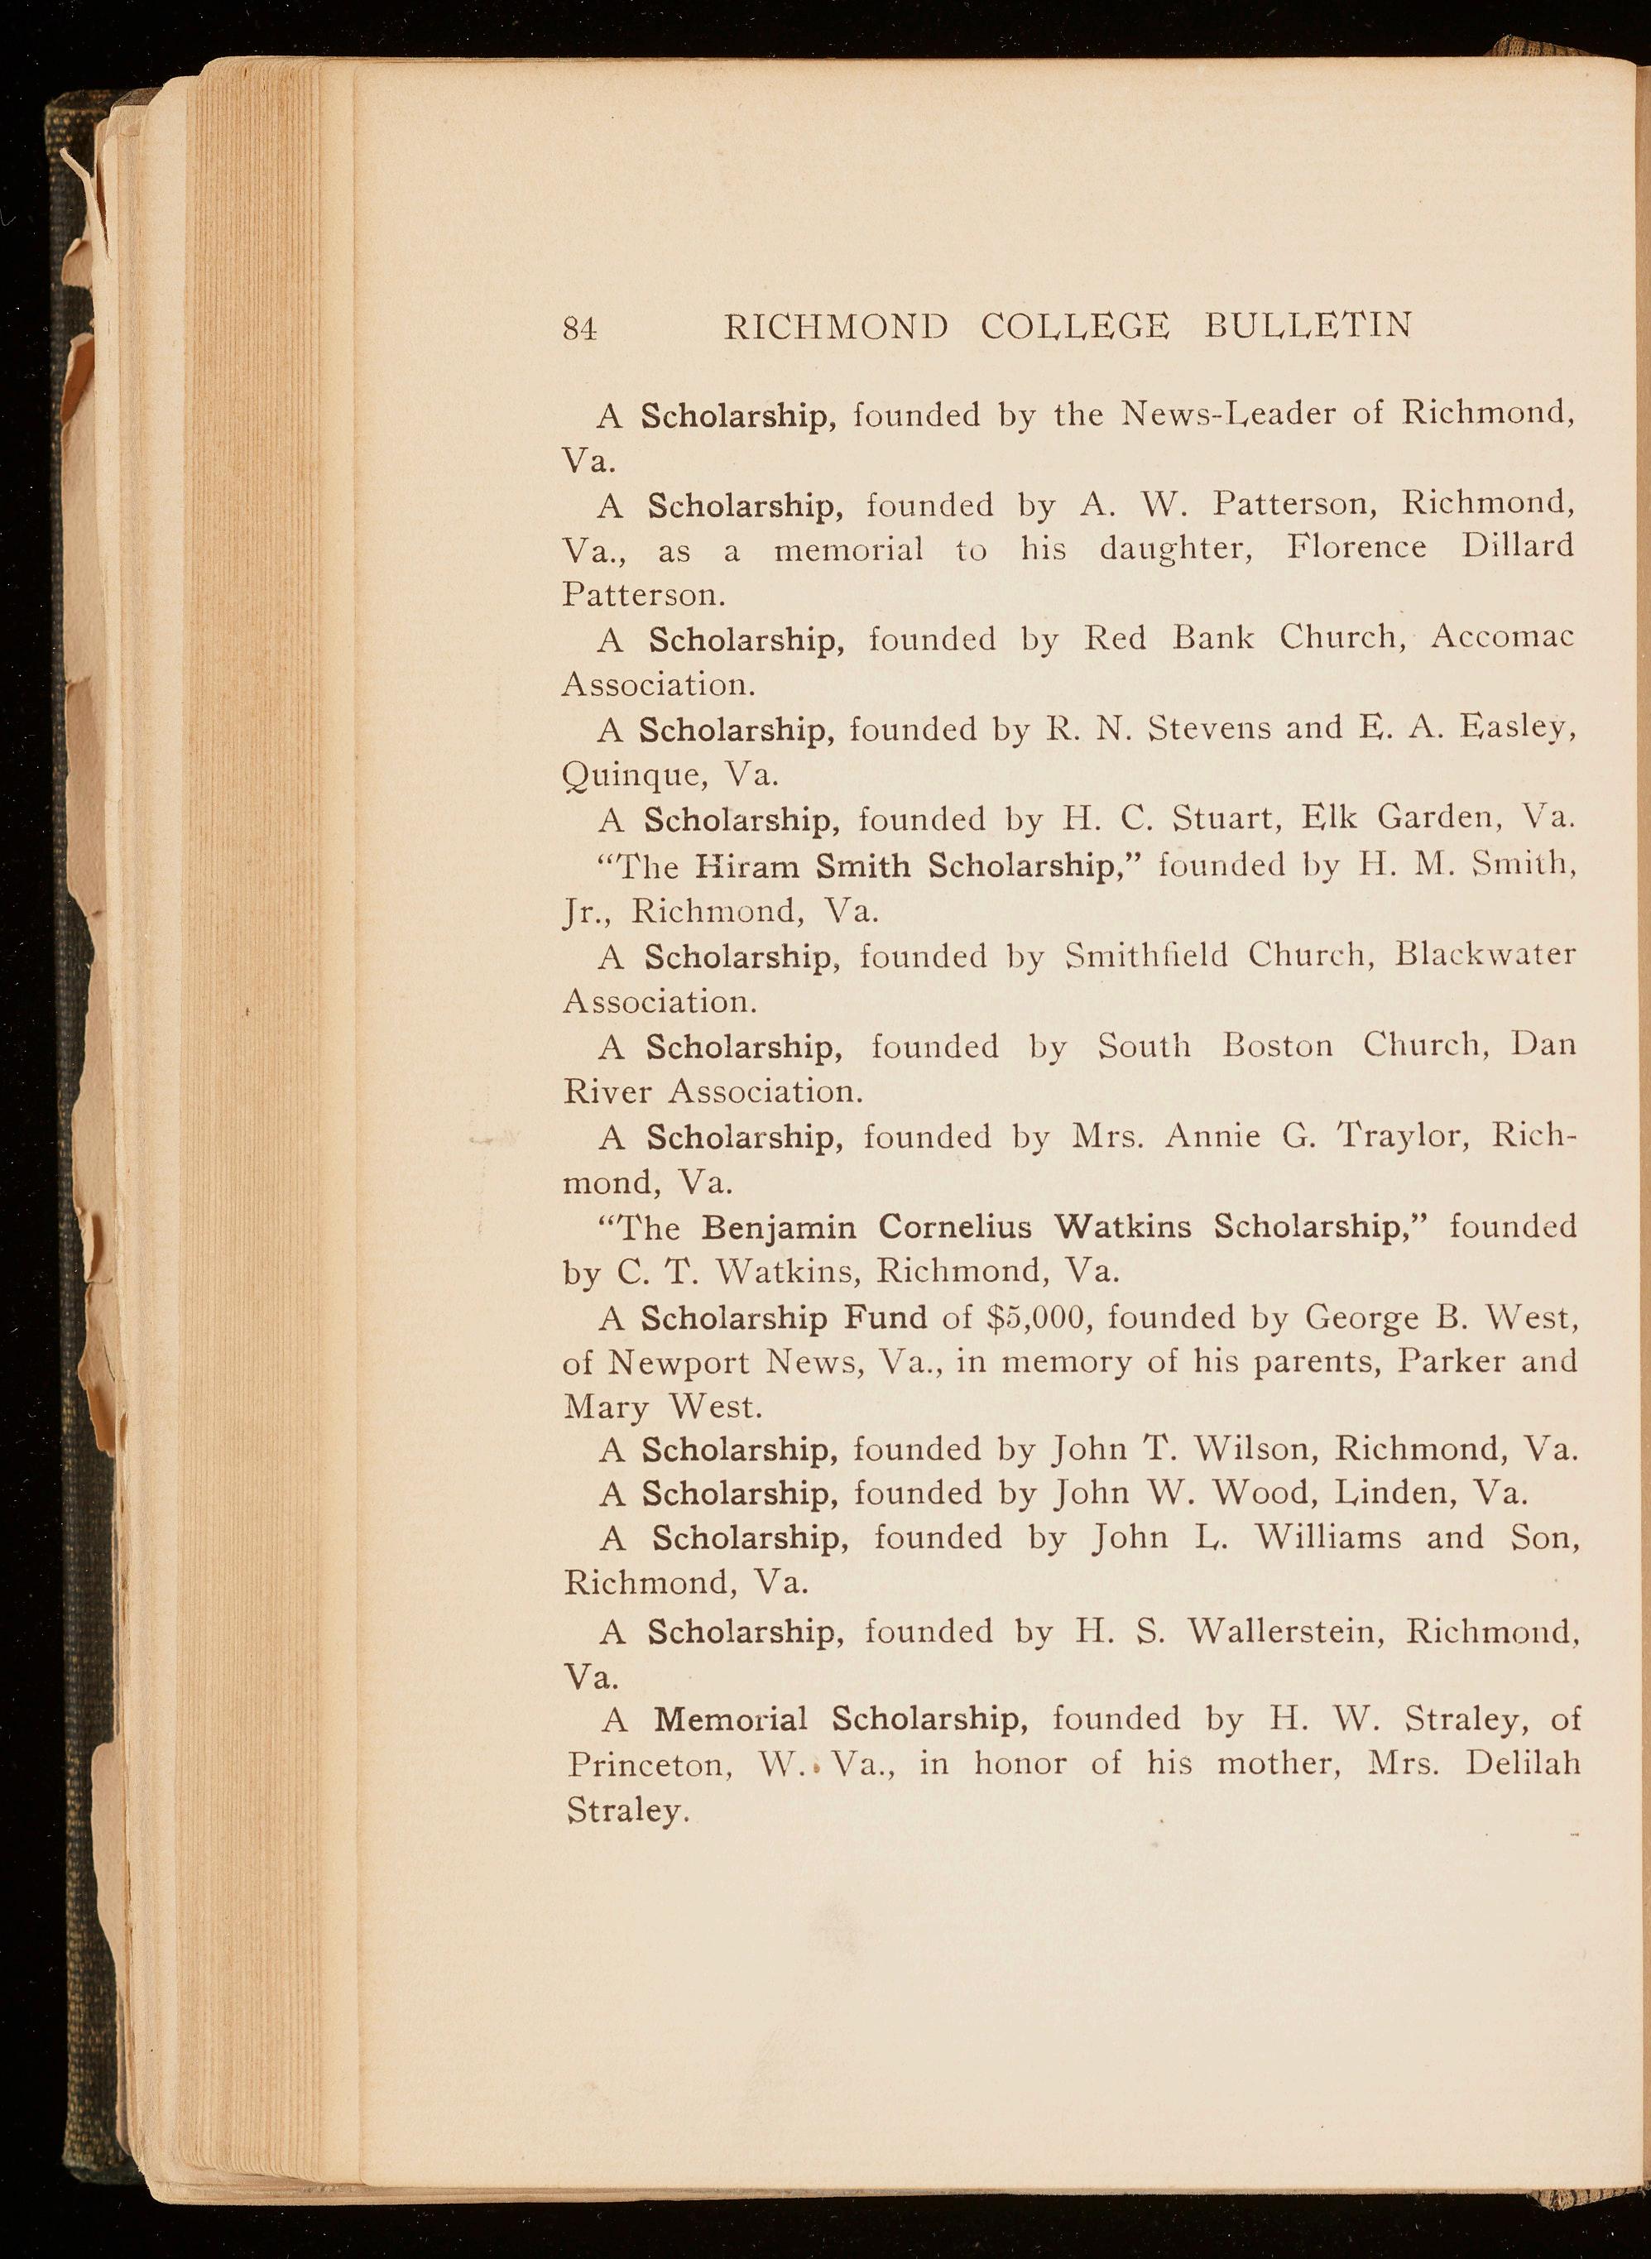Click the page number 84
click(x=579, y=329)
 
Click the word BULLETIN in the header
click(x=1308, y=326)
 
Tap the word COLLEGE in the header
click(x=1074, y=327)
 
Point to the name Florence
click(x=1356, y=546)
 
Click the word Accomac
click(x=1502, y=636)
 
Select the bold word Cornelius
click(x=957, y=1226)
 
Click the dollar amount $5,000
click(x=1034, y=1318)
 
